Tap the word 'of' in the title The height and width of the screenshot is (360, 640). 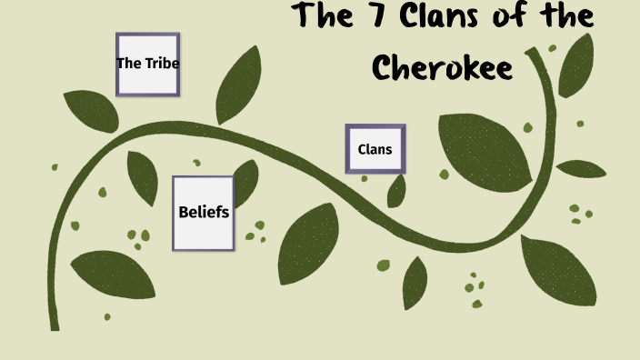point(513,17)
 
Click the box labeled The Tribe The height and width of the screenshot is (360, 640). point(147,64)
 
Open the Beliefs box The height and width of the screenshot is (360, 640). point(203,213)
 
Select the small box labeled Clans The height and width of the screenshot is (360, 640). point(375,148)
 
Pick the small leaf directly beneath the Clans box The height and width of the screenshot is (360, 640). point(396,191)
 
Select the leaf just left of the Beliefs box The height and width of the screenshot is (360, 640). point(143,177)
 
